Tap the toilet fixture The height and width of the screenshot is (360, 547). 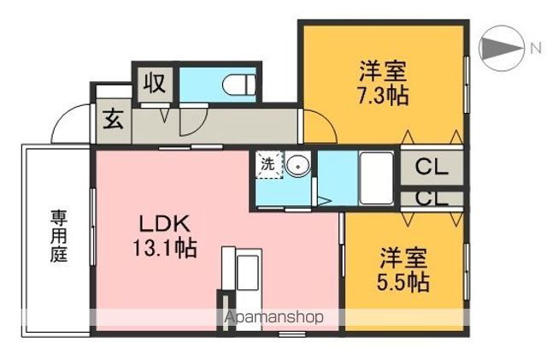239,85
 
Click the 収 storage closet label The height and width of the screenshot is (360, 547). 153,84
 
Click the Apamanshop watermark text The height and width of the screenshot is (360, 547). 273,317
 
